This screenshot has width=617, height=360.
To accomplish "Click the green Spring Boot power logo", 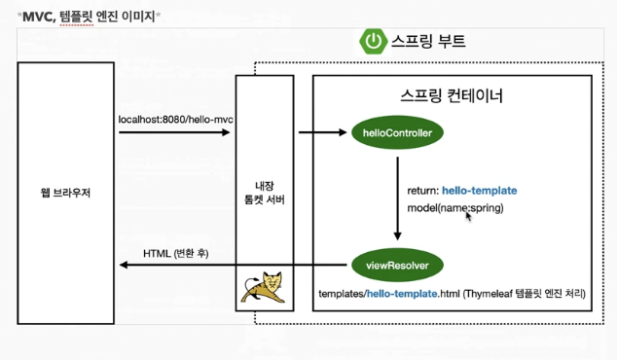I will point(373,41).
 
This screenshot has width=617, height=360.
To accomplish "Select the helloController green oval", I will point(397,131).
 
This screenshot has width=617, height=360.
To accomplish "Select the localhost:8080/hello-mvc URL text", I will point(175,120).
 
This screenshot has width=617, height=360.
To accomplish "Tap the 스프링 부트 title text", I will point(429,41).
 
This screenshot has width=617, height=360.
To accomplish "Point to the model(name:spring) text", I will point(455,208).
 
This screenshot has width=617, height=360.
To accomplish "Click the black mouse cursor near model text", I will point(469,216).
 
